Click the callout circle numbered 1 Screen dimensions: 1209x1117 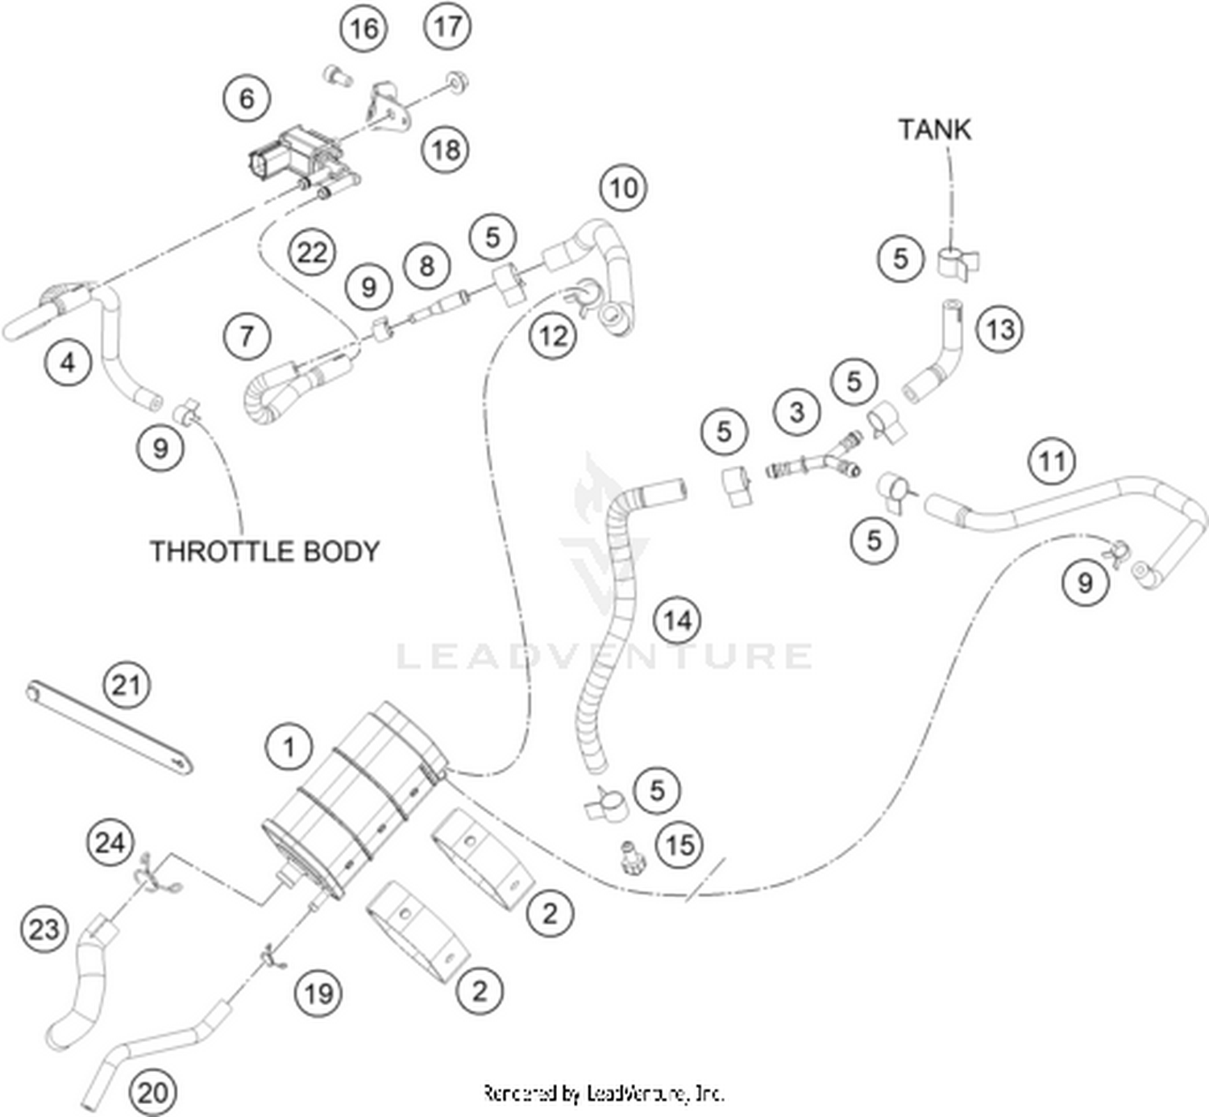(x=289, y=747)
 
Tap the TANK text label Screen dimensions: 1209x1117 (x=935, y=130)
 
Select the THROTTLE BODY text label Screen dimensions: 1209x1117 (x=265, y=551)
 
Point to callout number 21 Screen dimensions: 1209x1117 (x=127, y=685)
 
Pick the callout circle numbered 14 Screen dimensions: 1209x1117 (x=678, y=621)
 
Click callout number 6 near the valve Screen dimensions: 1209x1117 (x=247, y=98)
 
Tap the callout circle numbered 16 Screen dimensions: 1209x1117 (x=364, y=28)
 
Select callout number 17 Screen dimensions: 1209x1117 (x=447, y=26)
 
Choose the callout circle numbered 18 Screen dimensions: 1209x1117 (x=446, y=149)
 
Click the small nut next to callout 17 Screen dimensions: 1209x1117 (x=457, y=81)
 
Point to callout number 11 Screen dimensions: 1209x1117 (x=1052, y=462)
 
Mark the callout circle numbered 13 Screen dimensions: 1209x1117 (x=1000, y=330)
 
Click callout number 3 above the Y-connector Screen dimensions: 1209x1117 (x=797, y=412)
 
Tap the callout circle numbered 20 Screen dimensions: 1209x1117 (x=152, y=1093)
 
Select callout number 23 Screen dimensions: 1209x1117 (x=44, y=929)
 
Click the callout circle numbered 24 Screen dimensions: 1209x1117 (x=110, y=843)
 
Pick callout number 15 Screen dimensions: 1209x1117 (x=679, y=845)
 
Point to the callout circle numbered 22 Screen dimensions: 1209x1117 (x=312, y=252)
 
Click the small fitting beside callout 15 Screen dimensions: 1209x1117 (x=628, y=855)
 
